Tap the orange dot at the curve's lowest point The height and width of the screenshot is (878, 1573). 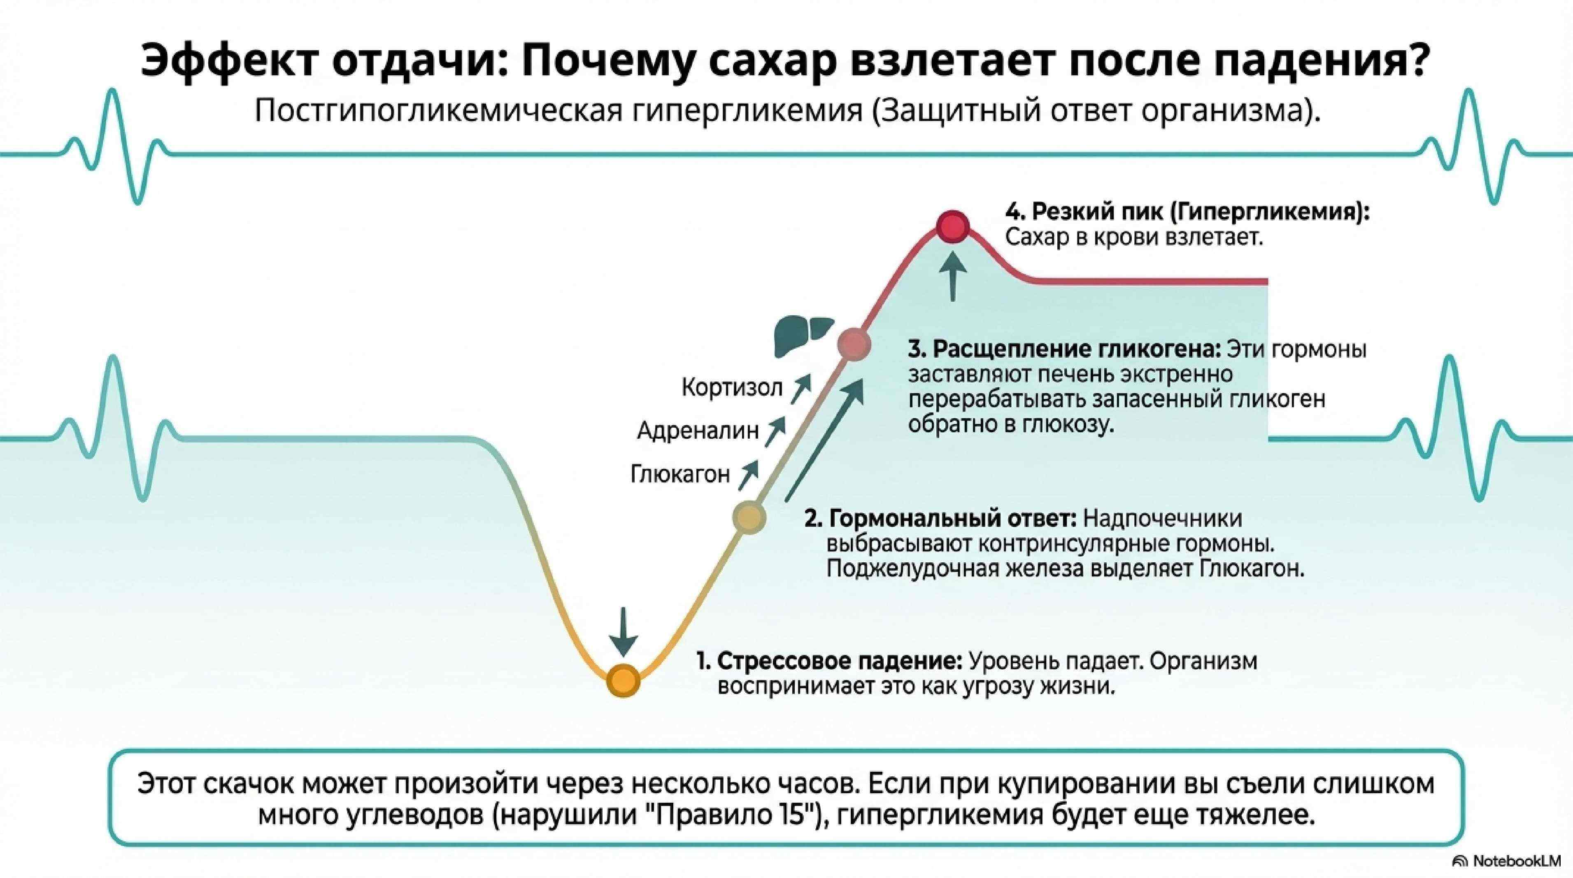623,680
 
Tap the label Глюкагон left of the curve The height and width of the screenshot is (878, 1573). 679,474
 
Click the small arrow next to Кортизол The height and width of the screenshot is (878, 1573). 800,389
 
